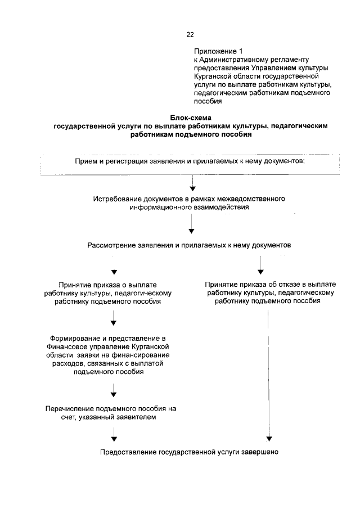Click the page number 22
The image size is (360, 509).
[x=190, y=35]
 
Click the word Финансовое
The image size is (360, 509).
[x=69, y=347]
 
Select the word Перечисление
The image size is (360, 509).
[x=71, y=408]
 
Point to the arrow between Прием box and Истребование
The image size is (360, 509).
[x=192, y=183]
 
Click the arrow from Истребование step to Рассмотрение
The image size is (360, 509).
[x=192, y=226]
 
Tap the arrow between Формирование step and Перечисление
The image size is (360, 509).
[x=114, y=389]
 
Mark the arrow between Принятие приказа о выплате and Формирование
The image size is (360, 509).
[x=114, y=318]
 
